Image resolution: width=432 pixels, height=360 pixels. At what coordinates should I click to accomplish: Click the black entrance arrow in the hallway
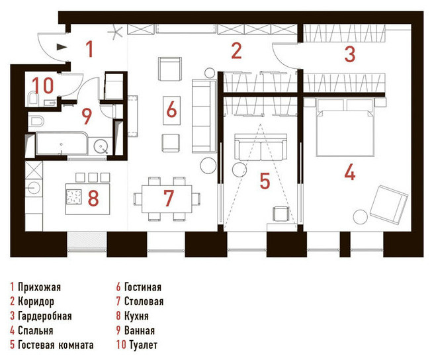62,47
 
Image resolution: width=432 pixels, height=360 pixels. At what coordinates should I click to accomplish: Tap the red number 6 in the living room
171,109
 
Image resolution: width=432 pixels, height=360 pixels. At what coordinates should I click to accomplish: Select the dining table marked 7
167,199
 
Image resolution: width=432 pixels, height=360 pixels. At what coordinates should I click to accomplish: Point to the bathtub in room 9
62,144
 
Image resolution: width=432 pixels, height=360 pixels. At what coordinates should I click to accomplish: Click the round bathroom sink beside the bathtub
101,146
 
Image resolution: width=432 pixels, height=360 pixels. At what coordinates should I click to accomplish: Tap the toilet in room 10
33,98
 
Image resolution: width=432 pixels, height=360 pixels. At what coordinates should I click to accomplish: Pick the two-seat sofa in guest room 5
261,147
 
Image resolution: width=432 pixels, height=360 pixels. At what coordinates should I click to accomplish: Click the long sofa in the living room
204,116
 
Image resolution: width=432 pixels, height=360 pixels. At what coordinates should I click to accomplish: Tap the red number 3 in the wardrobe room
350,54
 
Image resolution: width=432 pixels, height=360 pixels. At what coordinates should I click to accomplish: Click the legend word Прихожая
39,287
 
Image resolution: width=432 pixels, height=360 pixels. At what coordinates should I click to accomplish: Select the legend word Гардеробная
44,316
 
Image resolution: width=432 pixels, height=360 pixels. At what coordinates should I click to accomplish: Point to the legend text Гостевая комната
56,345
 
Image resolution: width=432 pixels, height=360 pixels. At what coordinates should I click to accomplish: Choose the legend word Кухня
136,316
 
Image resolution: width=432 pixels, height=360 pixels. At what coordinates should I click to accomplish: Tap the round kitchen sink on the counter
34,188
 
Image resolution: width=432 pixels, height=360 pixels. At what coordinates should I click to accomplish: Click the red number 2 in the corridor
236,51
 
